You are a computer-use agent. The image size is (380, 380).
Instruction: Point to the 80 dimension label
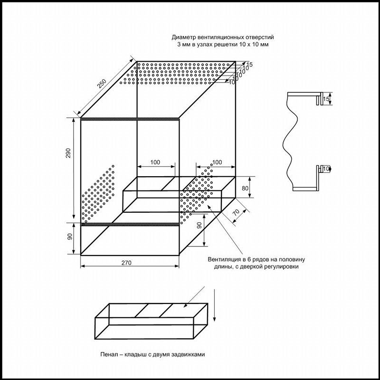point(245,189)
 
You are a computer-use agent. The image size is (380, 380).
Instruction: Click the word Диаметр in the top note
point(186,37)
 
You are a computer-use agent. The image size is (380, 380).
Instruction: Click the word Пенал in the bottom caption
point(110,354)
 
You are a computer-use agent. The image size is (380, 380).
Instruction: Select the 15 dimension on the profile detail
point(326,100)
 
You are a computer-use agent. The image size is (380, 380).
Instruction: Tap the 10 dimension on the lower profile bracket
point(326,169)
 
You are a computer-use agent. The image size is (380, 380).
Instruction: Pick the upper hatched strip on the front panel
point(129,119)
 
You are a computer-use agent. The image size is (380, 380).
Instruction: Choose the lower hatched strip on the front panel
point(129,223)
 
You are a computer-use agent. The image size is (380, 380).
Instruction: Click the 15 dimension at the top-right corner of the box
point(250,64)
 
